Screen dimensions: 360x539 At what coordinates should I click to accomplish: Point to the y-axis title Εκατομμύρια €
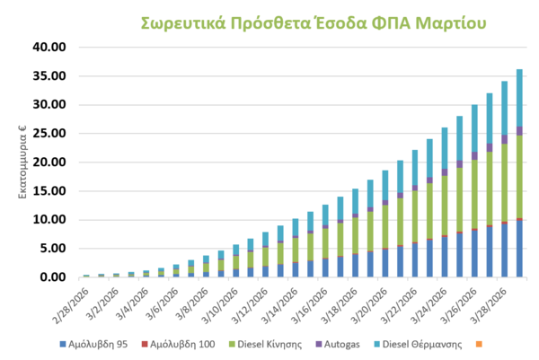(x=23, y=166)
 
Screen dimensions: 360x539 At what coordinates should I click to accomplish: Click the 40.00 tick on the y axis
(x=49, y=47)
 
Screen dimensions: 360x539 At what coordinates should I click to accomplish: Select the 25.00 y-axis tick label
(x=49, y=133)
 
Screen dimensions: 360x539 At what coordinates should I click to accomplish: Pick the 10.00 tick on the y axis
(x=49, y=219)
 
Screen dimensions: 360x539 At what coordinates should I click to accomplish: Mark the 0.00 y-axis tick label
(x=52, y=277)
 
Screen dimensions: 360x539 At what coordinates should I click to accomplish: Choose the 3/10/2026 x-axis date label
(x=222, y=301)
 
